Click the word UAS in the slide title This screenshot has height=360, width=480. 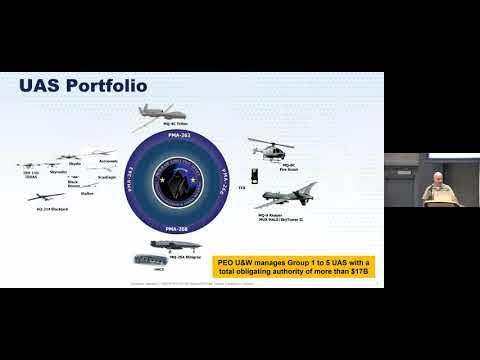coord(42,87)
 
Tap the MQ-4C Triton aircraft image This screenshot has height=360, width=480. coord(161,113)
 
